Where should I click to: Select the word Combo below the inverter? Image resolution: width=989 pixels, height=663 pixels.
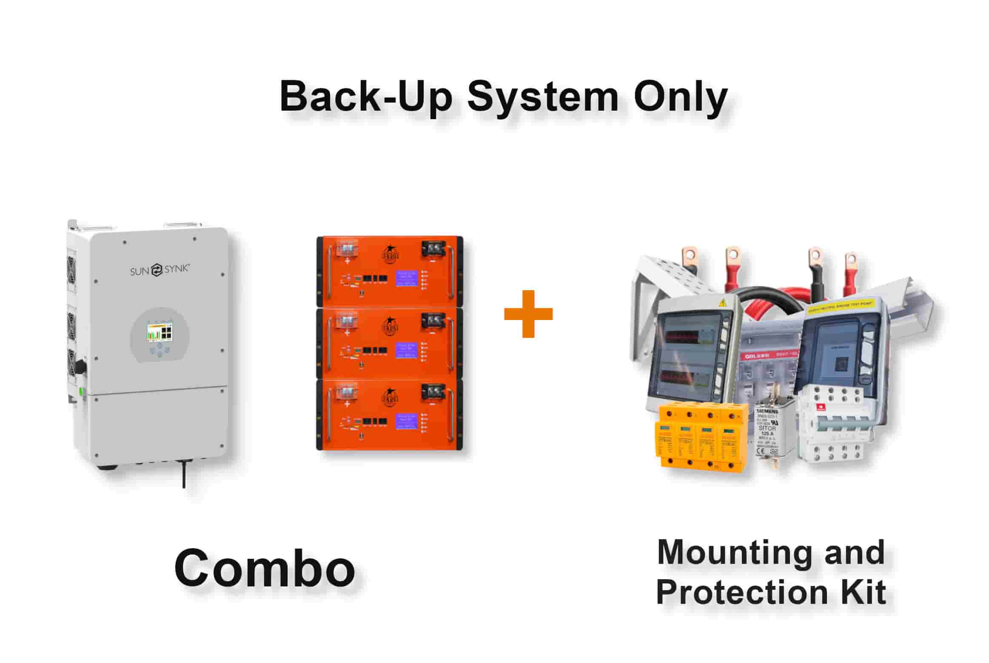coord(265,568)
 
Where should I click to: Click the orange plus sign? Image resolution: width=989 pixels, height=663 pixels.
coord(528,314)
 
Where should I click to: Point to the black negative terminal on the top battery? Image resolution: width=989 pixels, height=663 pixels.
coord(433,249)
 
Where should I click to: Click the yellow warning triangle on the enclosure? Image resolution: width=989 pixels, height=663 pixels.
coord(721,303)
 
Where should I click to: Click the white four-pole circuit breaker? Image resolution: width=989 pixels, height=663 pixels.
coord(832,426)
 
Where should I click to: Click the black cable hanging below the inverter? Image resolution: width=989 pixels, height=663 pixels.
coord(184,474)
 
